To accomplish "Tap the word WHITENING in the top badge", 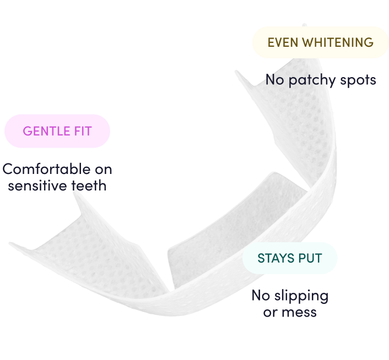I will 337,42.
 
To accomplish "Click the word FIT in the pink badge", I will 81,131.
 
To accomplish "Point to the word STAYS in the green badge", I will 274,258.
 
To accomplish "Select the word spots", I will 358,80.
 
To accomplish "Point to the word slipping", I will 301,296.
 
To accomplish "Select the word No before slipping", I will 261,296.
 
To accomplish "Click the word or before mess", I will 270,313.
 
